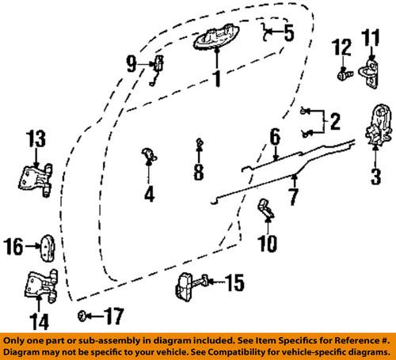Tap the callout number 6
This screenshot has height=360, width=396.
(x=275, y=138)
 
